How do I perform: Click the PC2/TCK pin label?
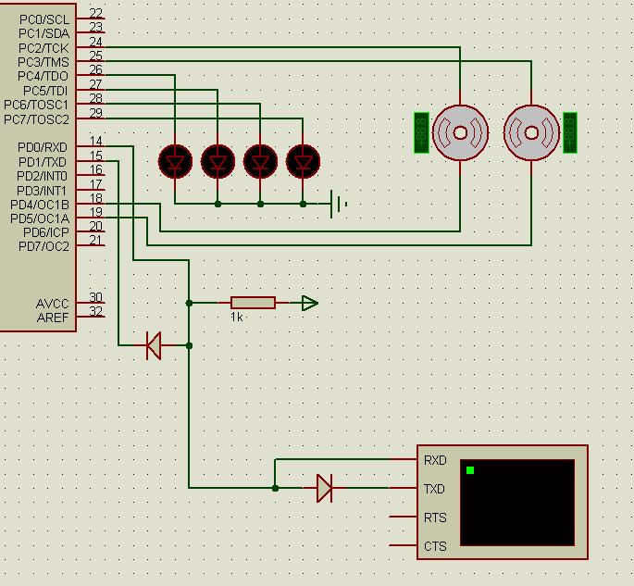pyautogui.click(x=44, y=47)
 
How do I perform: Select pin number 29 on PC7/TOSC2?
pyautogui.click(x=96, y=113)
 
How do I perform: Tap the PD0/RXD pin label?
pyautogui.click(x=43, y=147)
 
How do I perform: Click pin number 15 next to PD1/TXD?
pyautogui.click(x=96, y=156)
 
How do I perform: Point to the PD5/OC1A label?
pyautogui.click(x=40, y=218)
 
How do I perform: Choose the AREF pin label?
pyautogui.click(x=53, y=318)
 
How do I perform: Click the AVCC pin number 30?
pyautogui.click(x=96, y=298)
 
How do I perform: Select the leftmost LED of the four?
pyautogui.click(x=175, y=162)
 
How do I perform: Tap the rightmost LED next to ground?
pyautogui.click(x=304, y=162)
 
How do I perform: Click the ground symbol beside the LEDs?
pyautogui.click(x=338, y=204)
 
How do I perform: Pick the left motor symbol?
pyautogui.click(x=460, y=132)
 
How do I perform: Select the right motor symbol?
pyautogui.click(x=531, y=132)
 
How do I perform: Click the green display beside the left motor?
pyautogui.click(x=421, y=132)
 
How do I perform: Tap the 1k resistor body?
pyautogui.click(x=253, y=303)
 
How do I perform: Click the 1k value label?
pyautogui.click(x=237, y=317)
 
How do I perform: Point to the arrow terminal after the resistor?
pyautogui.click(x=309, y=303)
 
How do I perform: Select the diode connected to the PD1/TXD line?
pyautogui.click(x=154, y=345)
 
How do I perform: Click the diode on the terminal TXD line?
pyautogui.click(x=324, y=488)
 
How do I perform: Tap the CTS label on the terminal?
pyautogui.click(x=435, y=546)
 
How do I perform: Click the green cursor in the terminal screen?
pyautogui.click(x=470, y=470)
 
